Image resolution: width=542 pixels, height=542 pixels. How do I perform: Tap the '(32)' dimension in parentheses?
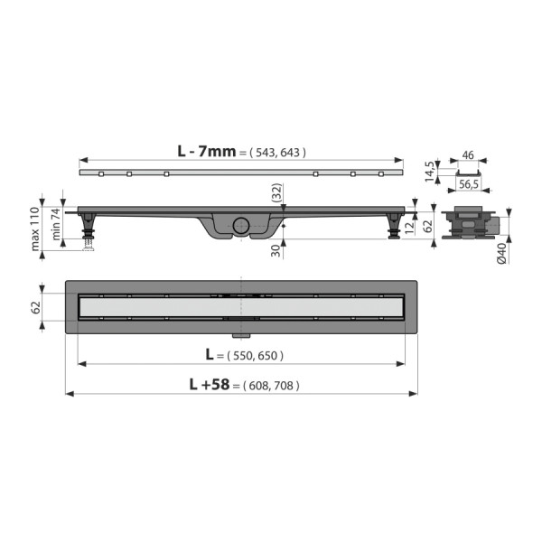pos(276,191)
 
